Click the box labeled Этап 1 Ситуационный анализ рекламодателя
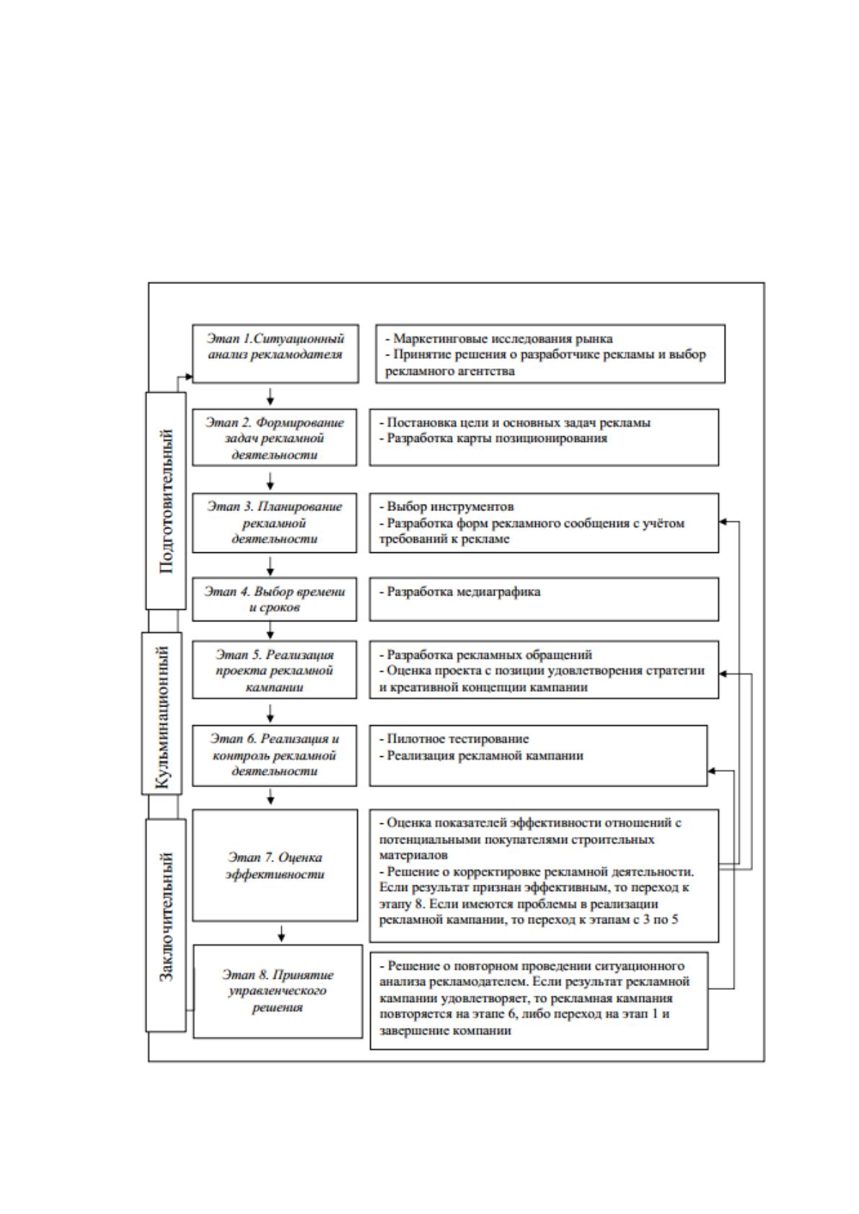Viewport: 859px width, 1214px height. tap(276, 354)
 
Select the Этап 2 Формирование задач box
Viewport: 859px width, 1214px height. tap(274, 438)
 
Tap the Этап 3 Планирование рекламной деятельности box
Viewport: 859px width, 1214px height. tap(274, 523)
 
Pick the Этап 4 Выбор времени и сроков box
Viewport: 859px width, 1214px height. tap(274, 599)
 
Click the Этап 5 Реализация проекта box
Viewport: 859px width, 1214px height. tap(274, 670)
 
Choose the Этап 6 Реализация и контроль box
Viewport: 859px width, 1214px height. tap(274, 755)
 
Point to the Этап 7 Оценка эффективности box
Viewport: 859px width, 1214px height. tap(275, 866)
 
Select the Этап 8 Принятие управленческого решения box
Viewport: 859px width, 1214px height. tap(278, 992)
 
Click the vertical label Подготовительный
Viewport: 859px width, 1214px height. tap(166, 501)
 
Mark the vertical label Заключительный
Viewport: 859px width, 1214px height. tap(166, 917)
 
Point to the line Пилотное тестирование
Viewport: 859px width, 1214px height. tap(457, 739)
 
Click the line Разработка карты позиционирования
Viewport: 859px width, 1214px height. tap(497, 438)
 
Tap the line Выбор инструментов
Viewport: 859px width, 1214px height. tap(450, 507)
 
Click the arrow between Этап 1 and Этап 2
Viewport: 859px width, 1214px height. tap(270, 396)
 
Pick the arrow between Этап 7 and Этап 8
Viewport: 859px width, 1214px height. tap(281, 934)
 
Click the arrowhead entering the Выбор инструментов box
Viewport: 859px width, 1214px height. tap(723, 522)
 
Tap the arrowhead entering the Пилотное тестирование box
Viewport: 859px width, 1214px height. tap(712, 771)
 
